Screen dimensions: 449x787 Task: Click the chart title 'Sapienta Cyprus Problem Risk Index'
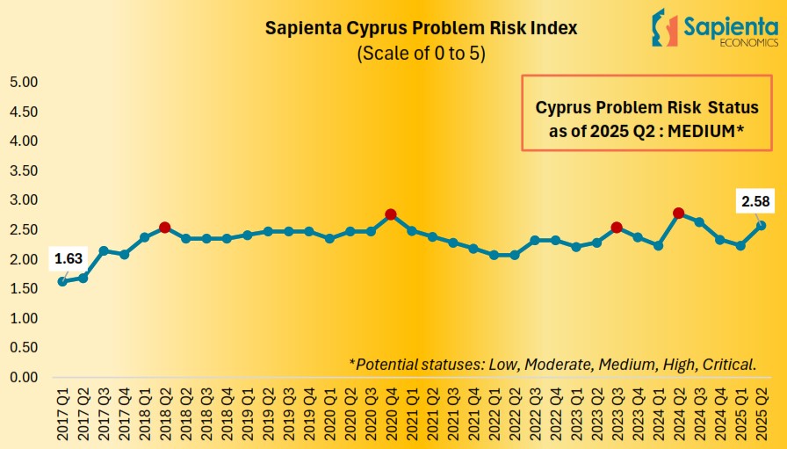pos(422,27)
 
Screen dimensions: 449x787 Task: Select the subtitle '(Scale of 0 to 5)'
pos(422,53)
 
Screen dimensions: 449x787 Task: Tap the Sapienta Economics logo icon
pos(666,27)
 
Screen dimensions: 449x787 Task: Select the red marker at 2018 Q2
pos(164,228)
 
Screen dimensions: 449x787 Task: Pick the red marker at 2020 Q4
pos(391,214)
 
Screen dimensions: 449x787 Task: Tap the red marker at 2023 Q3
pos(617,228)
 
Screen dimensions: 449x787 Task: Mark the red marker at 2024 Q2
pos(678,213)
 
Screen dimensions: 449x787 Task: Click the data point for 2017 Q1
pos(61,281)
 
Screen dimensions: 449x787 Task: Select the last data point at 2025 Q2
pos(761,225)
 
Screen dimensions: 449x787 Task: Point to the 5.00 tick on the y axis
pos(24,83)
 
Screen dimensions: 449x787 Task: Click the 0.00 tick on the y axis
pos(24,377)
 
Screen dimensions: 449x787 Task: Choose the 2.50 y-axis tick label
pos(24,230)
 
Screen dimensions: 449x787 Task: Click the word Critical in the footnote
pos(728,364)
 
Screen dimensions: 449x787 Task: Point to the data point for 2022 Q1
pos(494,255)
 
